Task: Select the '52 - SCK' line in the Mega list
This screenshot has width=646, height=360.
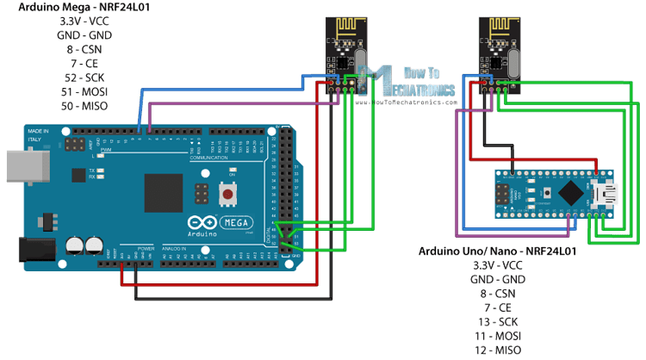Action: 66,78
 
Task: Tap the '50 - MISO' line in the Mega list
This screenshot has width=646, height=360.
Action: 66,105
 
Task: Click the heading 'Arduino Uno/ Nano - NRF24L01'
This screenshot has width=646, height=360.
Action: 497,251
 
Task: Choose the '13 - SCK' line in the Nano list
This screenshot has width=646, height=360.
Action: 497,320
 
